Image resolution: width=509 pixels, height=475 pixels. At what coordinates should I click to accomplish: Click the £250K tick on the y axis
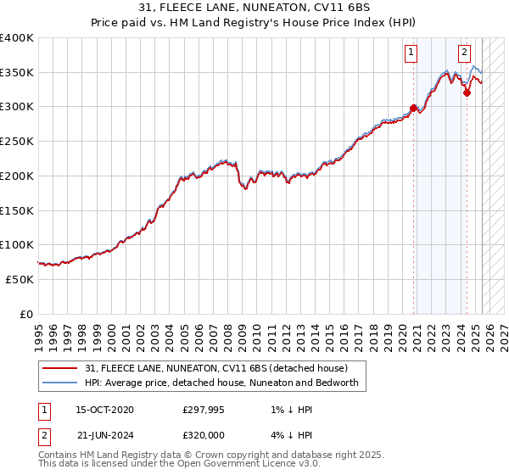tap(18, 141)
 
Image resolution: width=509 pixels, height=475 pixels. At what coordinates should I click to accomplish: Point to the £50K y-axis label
tap(20, 279)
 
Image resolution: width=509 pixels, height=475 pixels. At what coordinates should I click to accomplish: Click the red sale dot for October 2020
tap(414, 108)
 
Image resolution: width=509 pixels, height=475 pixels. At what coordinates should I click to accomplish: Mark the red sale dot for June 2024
tap(467, 92)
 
